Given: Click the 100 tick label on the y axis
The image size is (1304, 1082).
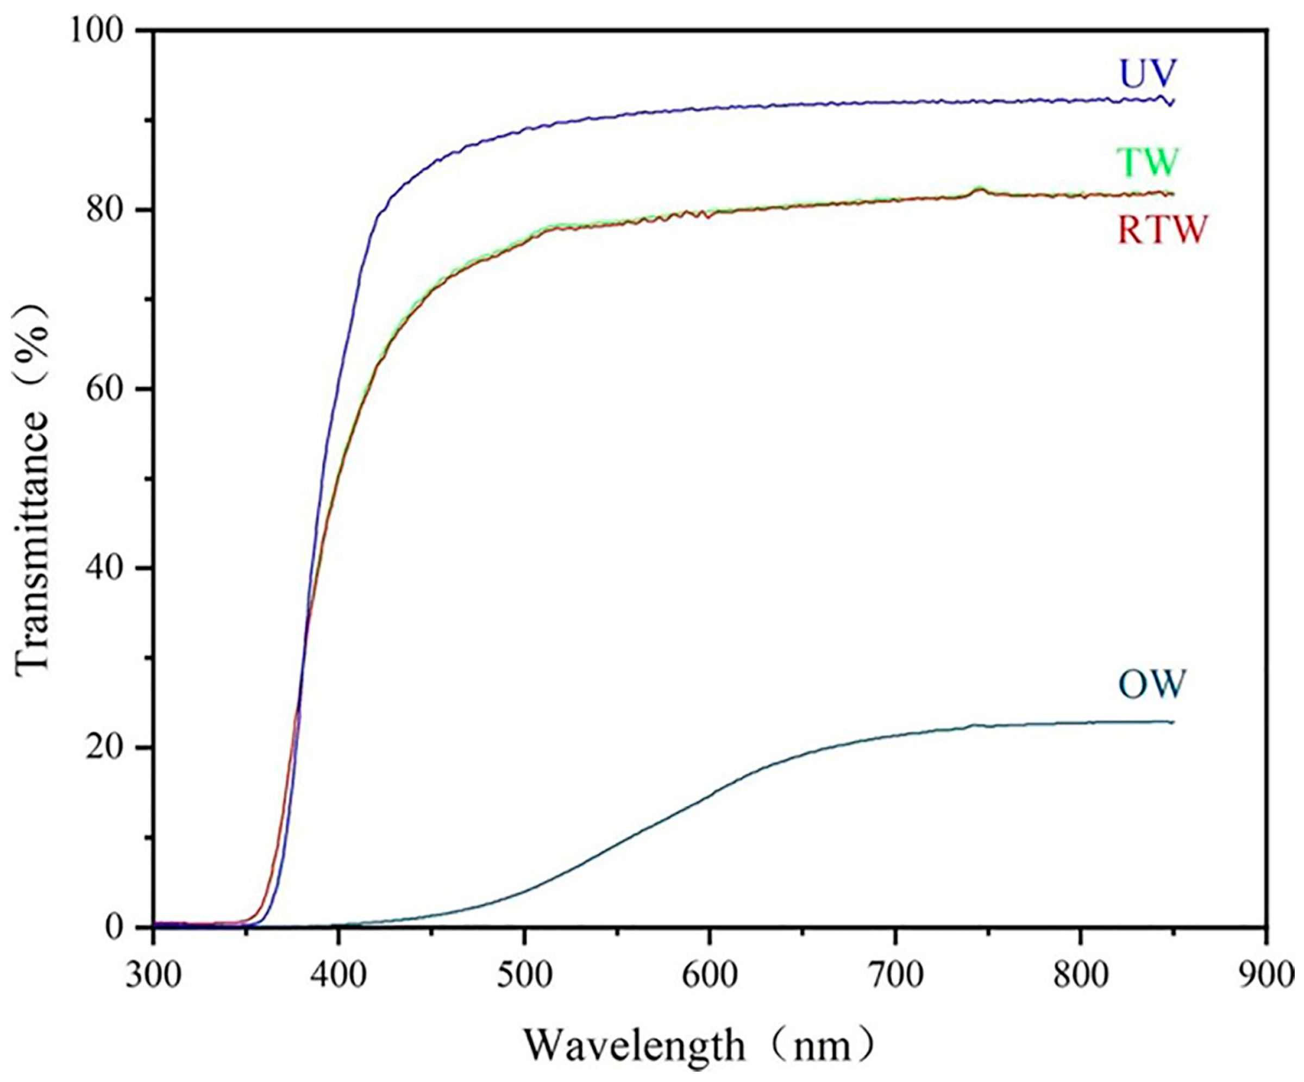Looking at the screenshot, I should pyautogui.click(x=99, y=31).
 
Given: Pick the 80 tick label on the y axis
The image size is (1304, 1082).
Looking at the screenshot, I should pyautogui.click(x=109, y=210).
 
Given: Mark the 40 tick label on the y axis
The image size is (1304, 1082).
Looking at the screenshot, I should pyautogui.click(x=109, y=568).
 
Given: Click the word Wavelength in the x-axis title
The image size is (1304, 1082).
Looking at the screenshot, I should pyautogui.click(x=634, y=1044).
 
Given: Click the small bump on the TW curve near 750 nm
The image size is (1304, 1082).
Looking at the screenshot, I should pyautogui.click(x=979, y=190).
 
